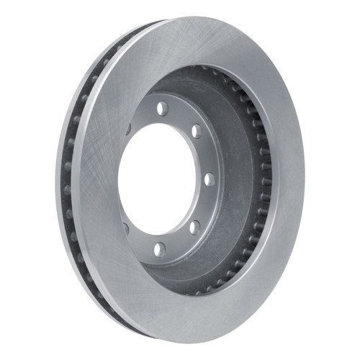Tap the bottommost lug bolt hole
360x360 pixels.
point(160,249)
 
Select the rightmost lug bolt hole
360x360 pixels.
point(209,179)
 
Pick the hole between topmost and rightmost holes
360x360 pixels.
point(194,132)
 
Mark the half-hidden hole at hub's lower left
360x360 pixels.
point(126,229)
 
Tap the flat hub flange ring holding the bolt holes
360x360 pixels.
point(180,115)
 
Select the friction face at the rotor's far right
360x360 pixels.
point(288,180)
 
